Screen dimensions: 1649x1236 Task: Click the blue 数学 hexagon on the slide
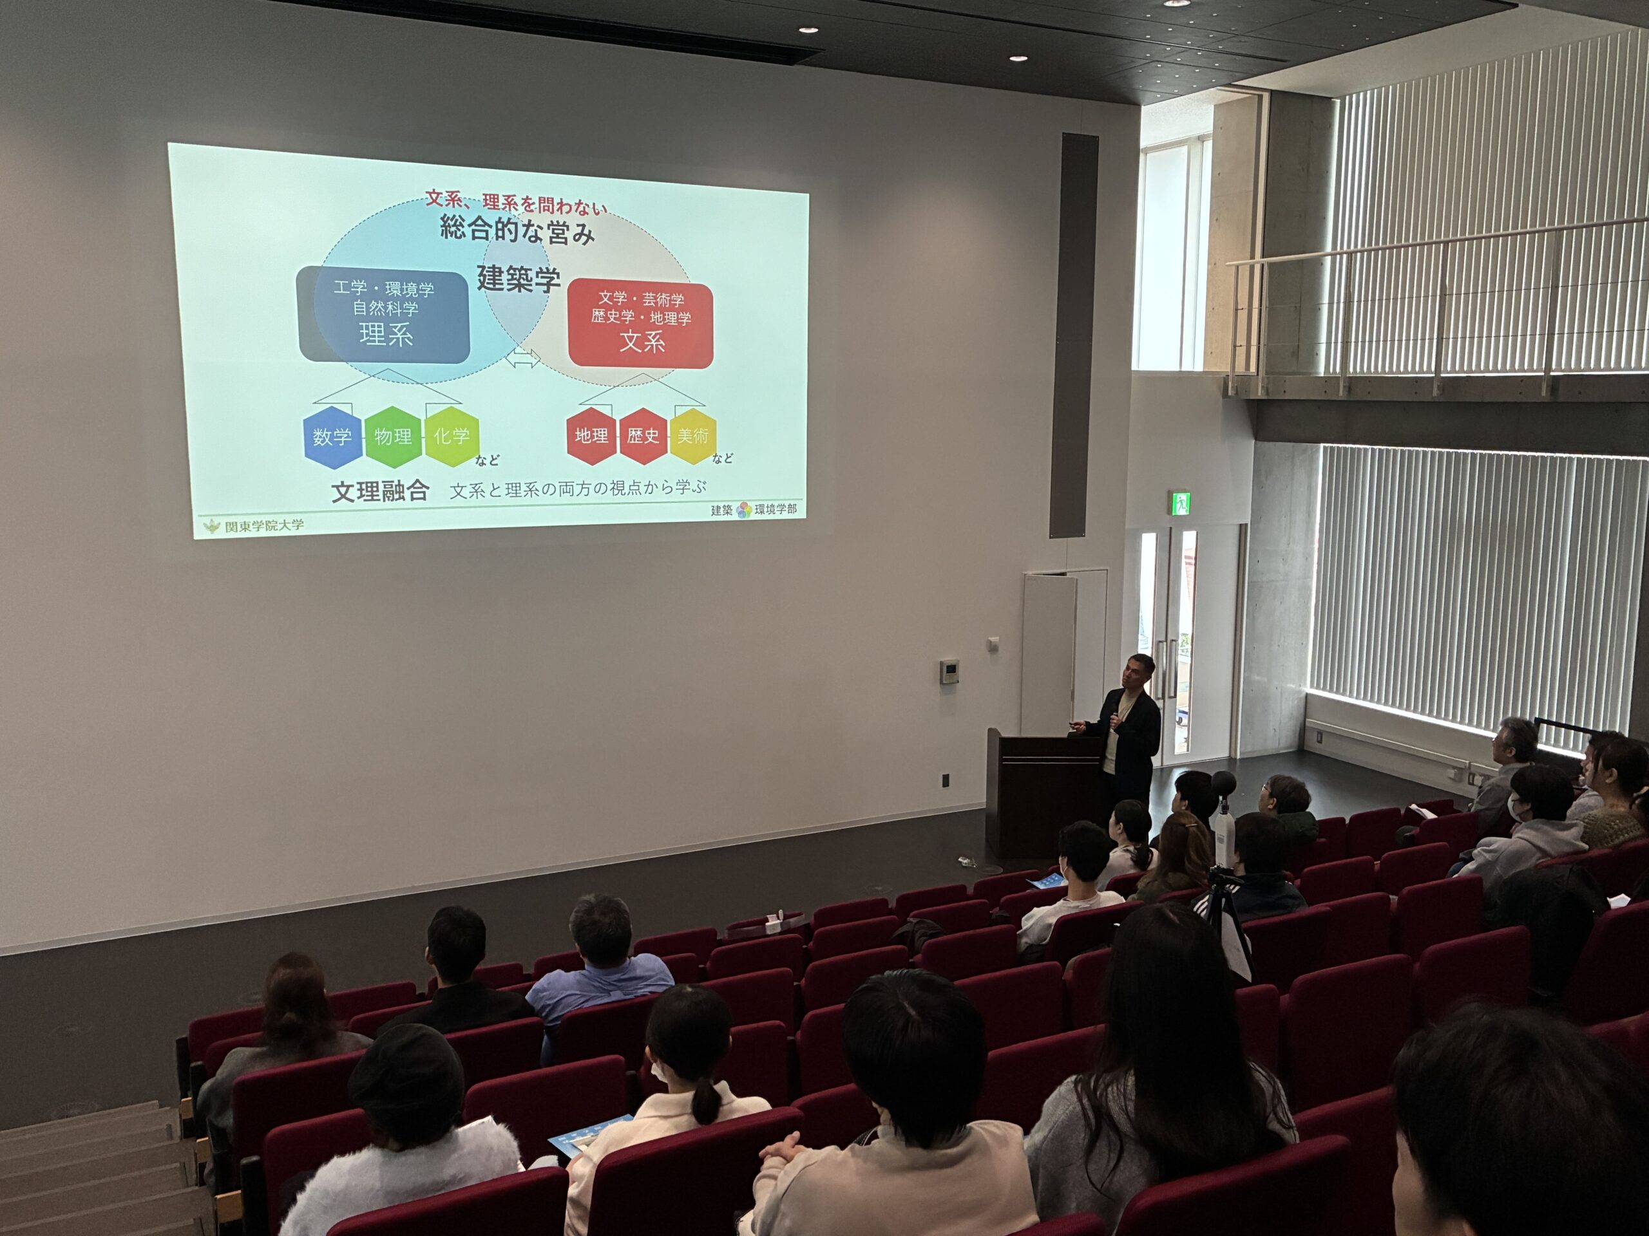tap(332, 436)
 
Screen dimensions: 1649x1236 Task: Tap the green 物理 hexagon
tap(393, 436)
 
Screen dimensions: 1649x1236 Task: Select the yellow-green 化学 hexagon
tap(451, 436)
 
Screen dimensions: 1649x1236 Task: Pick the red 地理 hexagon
tap(592, 436)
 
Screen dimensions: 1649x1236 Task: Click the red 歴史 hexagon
tap(643, 436)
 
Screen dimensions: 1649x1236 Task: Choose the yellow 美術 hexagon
tap(692, 436)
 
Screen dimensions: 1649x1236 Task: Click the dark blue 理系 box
tap(384, 315)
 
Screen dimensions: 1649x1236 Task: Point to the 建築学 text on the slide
tap(518, 279)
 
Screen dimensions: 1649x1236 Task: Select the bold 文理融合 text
tap(380, 492)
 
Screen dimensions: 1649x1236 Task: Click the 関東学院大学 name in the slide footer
tap(264, 526)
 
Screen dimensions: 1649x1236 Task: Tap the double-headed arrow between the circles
tap(522, 359)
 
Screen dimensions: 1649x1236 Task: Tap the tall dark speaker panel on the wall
tap(1074, 335)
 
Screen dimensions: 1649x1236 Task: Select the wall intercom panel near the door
tap(949, 671)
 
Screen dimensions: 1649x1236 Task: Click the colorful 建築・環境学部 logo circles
tap(744, 510)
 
